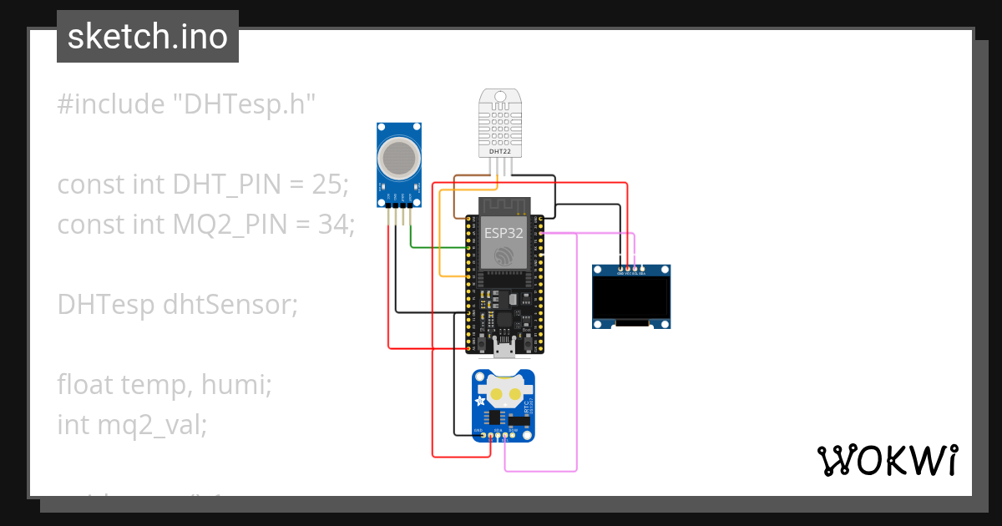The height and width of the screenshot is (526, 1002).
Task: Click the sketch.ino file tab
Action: (x=148, y=37)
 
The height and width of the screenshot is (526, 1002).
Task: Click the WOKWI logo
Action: (x=886, y=460)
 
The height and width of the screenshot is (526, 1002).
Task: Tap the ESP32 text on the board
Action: (x=504, y=233)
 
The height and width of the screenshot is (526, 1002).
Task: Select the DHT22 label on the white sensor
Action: (x=499, y=152)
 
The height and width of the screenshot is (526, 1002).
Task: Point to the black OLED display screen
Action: (x=631, y=299)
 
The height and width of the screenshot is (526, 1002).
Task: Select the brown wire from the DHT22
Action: (x=454, y=200)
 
